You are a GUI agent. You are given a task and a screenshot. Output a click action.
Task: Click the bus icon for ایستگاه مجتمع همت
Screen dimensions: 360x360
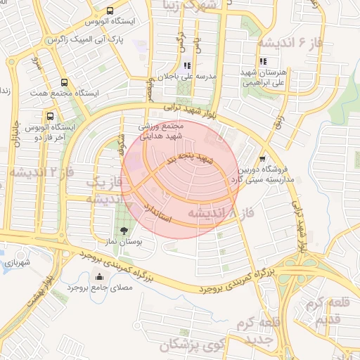64,82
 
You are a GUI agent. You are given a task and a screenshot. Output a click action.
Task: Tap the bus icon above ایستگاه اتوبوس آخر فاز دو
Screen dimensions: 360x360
49,116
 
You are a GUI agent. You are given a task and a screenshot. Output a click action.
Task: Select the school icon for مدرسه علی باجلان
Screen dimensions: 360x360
187,65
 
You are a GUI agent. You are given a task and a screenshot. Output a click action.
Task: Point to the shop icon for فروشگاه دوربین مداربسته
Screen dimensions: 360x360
262,159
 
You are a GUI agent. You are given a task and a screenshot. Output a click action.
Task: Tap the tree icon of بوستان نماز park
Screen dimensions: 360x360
124,230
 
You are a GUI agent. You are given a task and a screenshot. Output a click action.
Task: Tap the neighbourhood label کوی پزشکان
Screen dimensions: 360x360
190,345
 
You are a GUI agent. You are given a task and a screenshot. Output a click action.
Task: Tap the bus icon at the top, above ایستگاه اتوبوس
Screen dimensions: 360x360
110,11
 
